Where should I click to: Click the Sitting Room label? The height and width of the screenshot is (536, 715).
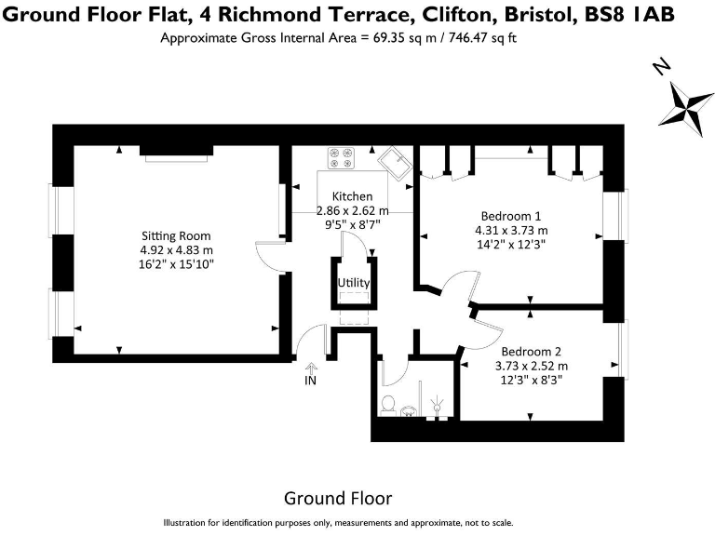click(x=176, y=236)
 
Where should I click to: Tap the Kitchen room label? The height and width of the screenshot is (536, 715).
click(x=352, y=196)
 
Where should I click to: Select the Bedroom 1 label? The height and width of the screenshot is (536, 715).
click(x=511, y=216)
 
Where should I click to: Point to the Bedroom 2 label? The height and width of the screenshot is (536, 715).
click(x=532, y=352)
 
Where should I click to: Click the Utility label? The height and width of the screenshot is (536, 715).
click(x=354, y=283)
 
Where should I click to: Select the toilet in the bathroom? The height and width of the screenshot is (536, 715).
click(x=388, y=405)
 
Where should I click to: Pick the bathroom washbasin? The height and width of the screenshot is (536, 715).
click(x=409, y=411)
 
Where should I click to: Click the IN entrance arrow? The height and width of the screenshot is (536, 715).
click(x=311, y=368)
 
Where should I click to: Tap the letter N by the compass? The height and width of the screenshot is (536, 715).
click(x=661, y=67)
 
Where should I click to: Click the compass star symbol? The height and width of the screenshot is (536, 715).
click(x=686, y=109)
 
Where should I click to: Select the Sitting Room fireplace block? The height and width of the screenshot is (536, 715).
click(x=176, y=151)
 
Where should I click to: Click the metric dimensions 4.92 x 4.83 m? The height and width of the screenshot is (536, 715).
click(x=177, y=250)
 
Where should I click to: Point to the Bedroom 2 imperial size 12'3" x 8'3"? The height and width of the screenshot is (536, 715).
click(x=532, y=380)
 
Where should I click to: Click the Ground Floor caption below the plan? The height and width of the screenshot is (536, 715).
click(x=338, y=499)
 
